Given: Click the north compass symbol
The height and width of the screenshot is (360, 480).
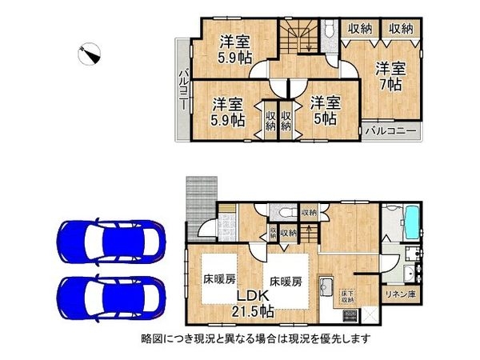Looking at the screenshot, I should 90,54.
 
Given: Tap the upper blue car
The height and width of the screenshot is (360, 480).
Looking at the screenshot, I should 109,238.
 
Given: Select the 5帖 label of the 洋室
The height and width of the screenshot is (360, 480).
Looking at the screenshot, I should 324,117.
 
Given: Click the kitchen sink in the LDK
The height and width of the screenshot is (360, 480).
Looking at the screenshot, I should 326,286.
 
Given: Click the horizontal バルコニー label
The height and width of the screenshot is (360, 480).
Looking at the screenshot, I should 391,130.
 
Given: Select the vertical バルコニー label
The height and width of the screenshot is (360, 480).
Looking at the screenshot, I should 182,90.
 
